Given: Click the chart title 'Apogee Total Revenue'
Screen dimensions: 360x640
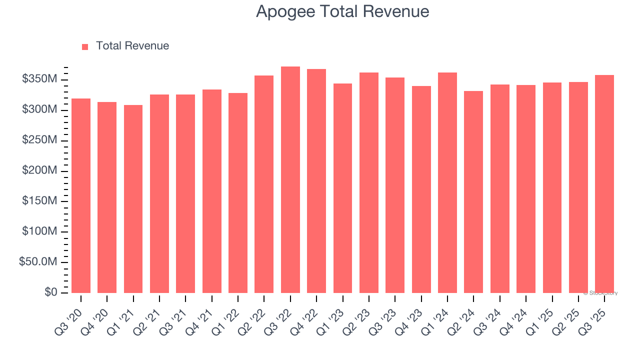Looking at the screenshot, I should point(342,11).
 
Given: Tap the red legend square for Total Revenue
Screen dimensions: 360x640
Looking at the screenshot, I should point(85,46).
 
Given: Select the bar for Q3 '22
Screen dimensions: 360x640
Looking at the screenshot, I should point(290,179).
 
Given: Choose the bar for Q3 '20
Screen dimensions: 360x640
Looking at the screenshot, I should point(81,195).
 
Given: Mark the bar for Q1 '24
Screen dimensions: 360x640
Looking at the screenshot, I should point(447,182).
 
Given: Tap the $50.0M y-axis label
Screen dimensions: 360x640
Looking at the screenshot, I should point(37,262).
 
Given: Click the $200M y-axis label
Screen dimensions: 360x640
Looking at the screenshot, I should point(39,171).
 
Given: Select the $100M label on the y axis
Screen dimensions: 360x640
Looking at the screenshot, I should point(39,231).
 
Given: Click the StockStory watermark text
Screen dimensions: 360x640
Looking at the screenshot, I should point(600,293).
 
